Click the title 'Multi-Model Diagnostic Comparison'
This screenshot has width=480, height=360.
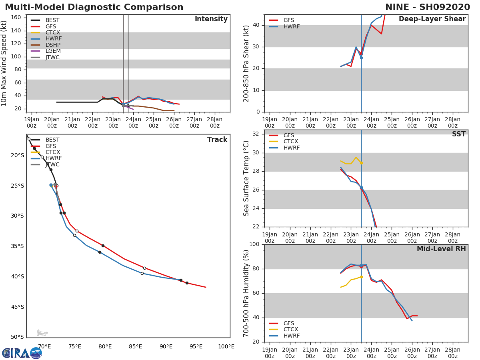click(x=94, y=7)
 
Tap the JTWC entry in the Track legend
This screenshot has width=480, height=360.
click(x=52, y=165)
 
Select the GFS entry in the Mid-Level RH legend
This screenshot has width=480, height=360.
click(x=288, y=324)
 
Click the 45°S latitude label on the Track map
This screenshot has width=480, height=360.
click(x=18, y=307)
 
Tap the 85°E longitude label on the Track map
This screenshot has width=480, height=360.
click(x=136, y=347)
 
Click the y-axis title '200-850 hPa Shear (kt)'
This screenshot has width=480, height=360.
click(x=247, y=63)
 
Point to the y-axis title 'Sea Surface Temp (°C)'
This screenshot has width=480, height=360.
click(x=247, y=178)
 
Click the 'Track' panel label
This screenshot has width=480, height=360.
click(x=217, y=140)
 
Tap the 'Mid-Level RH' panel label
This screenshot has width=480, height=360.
click(x=441, y=249)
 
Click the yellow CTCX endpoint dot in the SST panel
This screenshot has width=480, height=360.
click(x=361, y=163)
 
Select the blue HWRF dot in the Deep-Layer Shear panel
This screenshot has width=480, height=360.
click(x=361, y=58)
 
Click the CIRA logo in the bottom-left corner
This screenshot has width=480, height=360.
click(x=22, y=353)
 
